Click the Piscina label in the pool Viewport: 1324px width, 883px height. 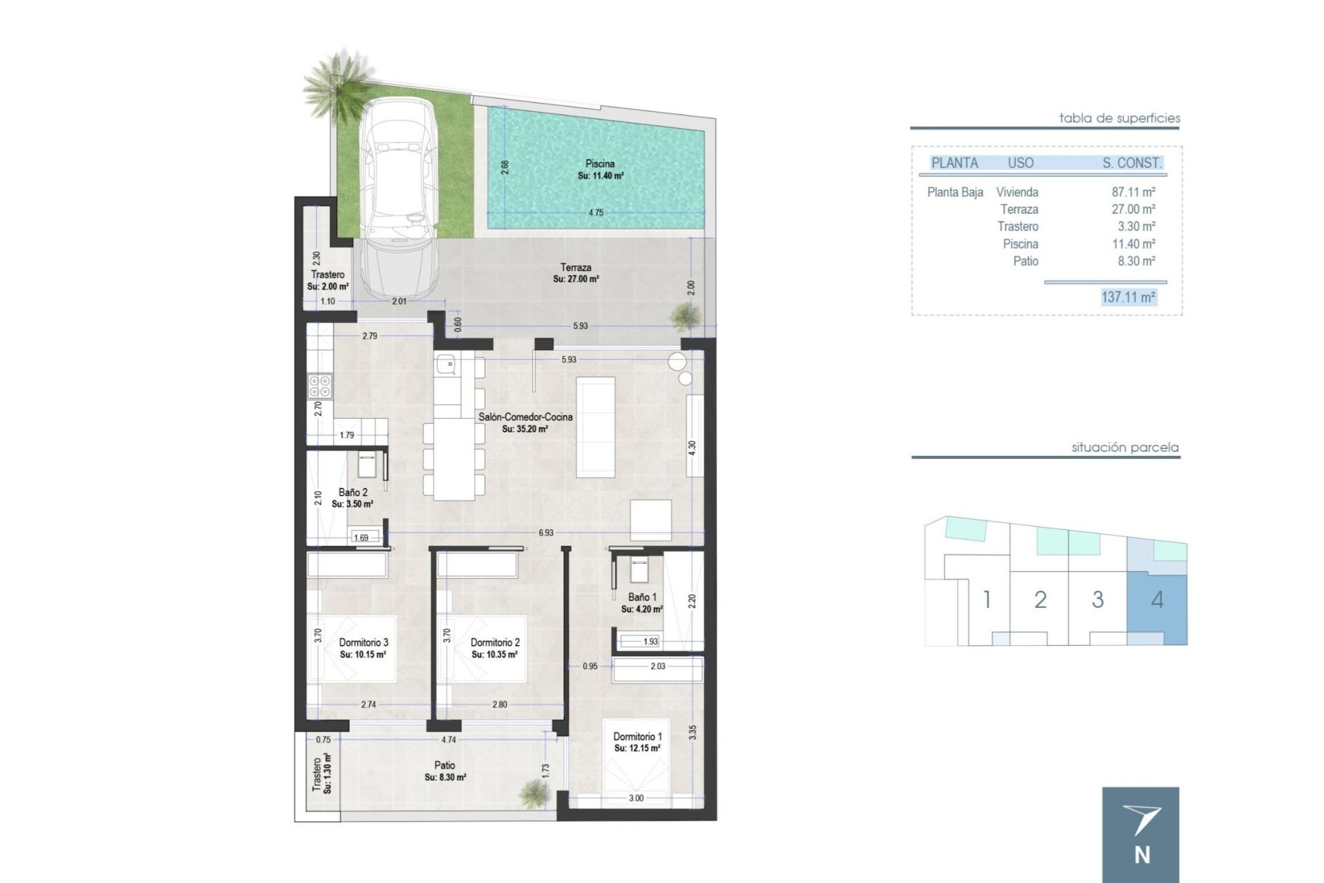tap(600, 163)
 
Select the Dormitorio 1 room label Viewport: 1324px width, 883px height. tap(637, 737)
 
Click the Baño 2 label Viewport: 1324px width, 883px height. tap(352, 493)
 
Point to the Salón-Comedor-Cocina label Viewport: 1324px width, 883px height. tap(525, 417)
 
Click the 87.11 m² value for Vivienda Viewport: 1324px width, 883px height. tap(1133, 192)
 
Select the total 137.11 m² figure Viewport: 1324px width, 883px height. tap(1128, 297)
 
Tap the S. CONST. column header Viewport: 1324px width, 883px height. tap(1132, 163)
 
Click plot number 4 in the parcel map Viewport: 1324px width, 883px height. tap(1157, 599)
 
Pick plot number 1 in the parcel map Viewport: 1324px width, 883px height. tap(987, 599)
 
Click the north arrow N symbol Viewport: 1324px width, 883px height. tap(1141, 835)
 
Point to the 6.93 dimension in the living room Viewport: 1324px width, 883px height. tap(545, 533)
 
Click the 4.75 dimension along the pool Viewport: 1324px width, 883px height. tap(596, 212)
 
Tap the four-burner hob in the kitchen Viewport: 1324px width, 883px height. tap(319, 386)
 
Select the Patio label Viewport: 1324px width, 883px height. tap(445, 765)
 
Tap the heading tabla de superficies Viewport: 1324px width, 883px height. tap(1119, 118)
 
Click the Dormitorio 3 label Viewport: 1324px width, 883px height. tap(363, 642)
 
